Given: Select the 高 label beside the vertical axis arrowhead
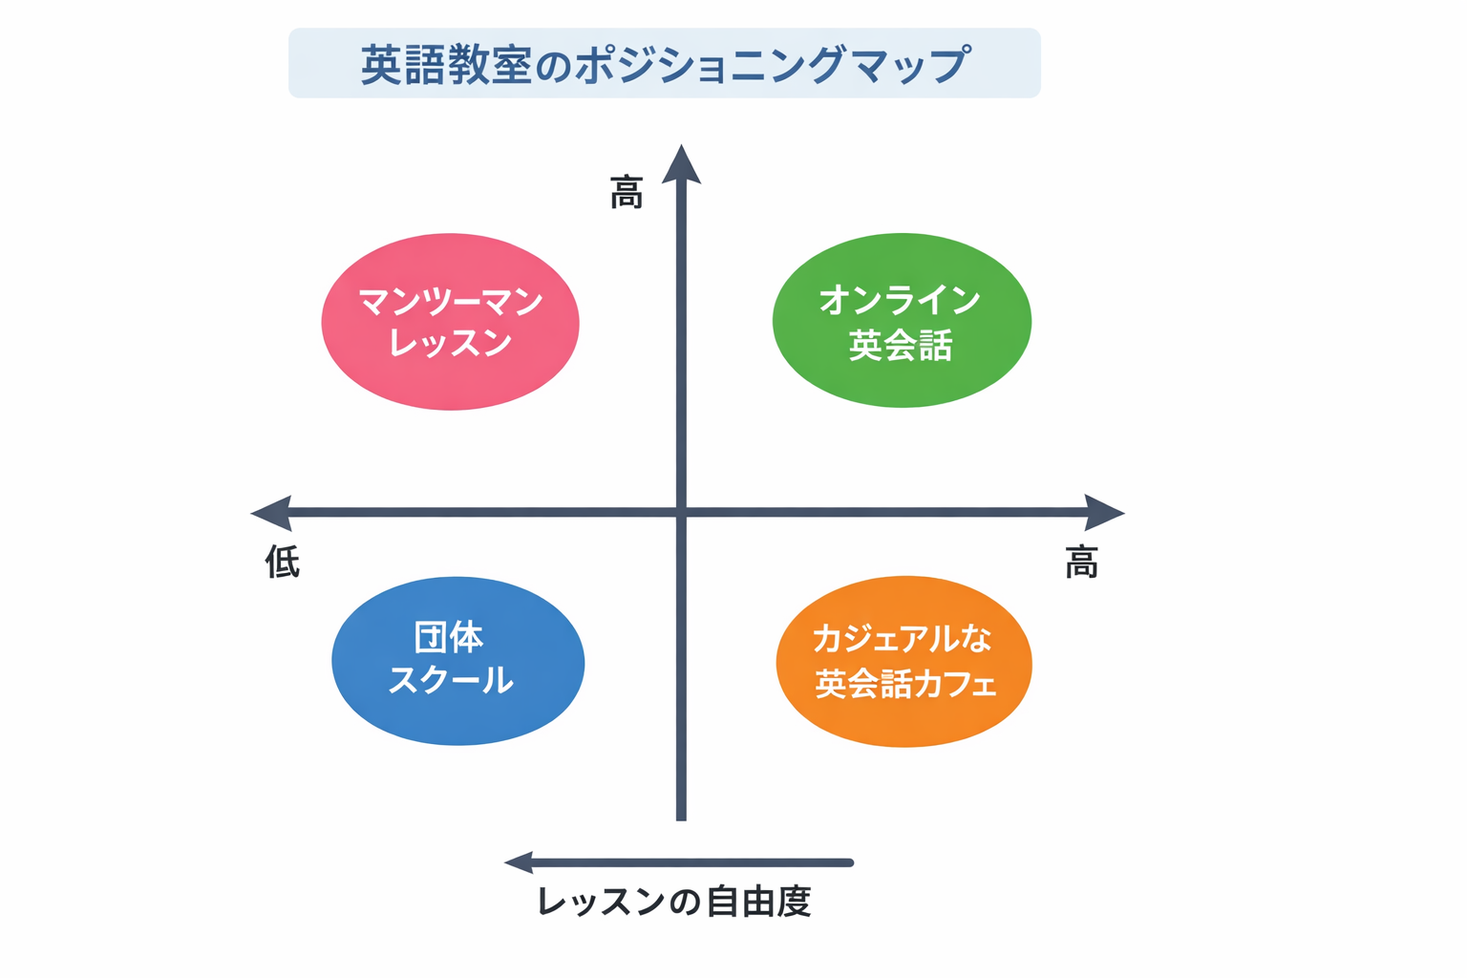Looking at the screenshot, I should click(x=627, y=193).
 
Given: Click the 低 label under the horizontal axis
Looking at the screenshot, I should click(x=282, y=562).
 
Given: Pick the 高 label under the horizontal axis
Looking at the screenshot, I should click(x=1081, y=563).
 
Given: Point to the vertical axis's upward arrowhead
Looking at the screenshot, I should click(x=681, y=164).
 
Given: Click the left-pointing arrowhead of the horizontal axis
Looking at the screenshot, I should click(x=270, y=513).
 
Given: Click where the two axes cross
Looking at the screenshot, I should click(x=681, y=513).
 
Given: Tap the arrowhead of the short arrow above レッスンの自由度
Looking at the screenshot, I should click(x=519, y=862).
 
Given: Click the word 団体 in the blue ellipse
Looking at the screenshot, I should click(x=449, y=637).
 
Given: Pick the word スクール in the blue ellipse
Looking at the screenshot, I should click(x=451, y=680).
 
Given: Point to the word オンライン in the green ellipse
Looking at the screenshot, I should click(x=900, y=300).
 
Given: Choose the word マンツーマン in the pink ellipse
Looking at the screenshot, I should click(x=451, y=302).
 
